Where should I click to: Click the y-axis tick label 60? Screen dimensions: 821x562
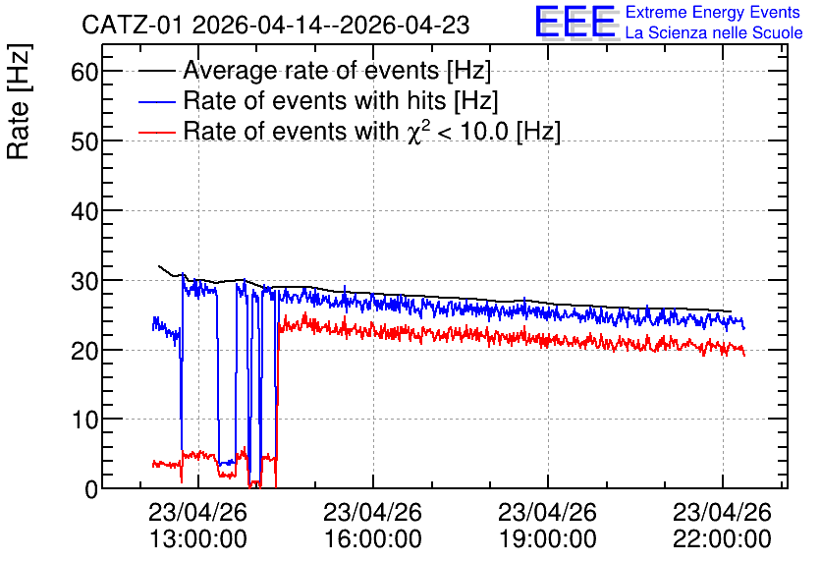(84, 72)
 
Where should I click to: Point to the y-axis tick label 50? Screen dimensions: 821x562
(84, 141)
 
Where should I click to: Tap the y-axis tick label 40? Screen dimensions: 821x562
(84, 211)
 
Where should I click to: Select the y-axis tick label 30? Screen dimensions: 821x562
(84, 281)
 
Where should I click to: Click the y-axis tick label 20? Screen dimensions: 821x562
(84, 351)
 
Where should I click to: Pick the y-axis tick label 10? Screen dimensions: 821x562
(84, 420)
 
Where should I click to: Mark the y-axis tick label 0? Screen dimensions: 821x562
(91, 489)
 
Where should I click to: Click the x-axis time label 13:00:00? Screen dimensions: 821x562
(198, 538)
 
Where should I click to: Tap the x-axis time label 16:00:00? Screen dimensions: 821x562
(373, 538)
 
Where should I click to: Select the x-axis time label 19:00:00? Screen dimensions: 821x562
(548, 538)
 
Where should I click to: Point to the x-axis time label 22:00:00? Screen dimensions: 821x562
(722, 538)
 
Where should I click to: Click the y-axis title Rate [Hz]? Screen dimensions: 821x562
(19, 101)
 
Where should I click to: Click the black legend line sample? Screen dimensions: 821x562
(156, 71)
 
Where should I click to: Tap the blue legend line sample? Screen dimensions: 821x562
(156, 101)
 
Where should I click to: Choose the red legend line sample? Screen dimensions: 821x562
(156, 132)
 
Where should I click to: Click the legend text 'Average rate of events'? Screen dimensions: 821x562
(311, 70)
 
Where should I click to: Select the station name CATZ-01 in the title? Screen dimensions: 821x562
(132, 26)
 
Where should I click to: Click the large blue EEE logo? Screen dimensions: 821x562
(575, 22)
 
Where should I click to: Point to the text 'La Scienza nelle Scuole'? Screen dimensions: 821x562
(714, 32)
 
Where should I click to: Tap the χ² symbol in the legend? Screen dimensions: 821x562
(415, 132)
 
